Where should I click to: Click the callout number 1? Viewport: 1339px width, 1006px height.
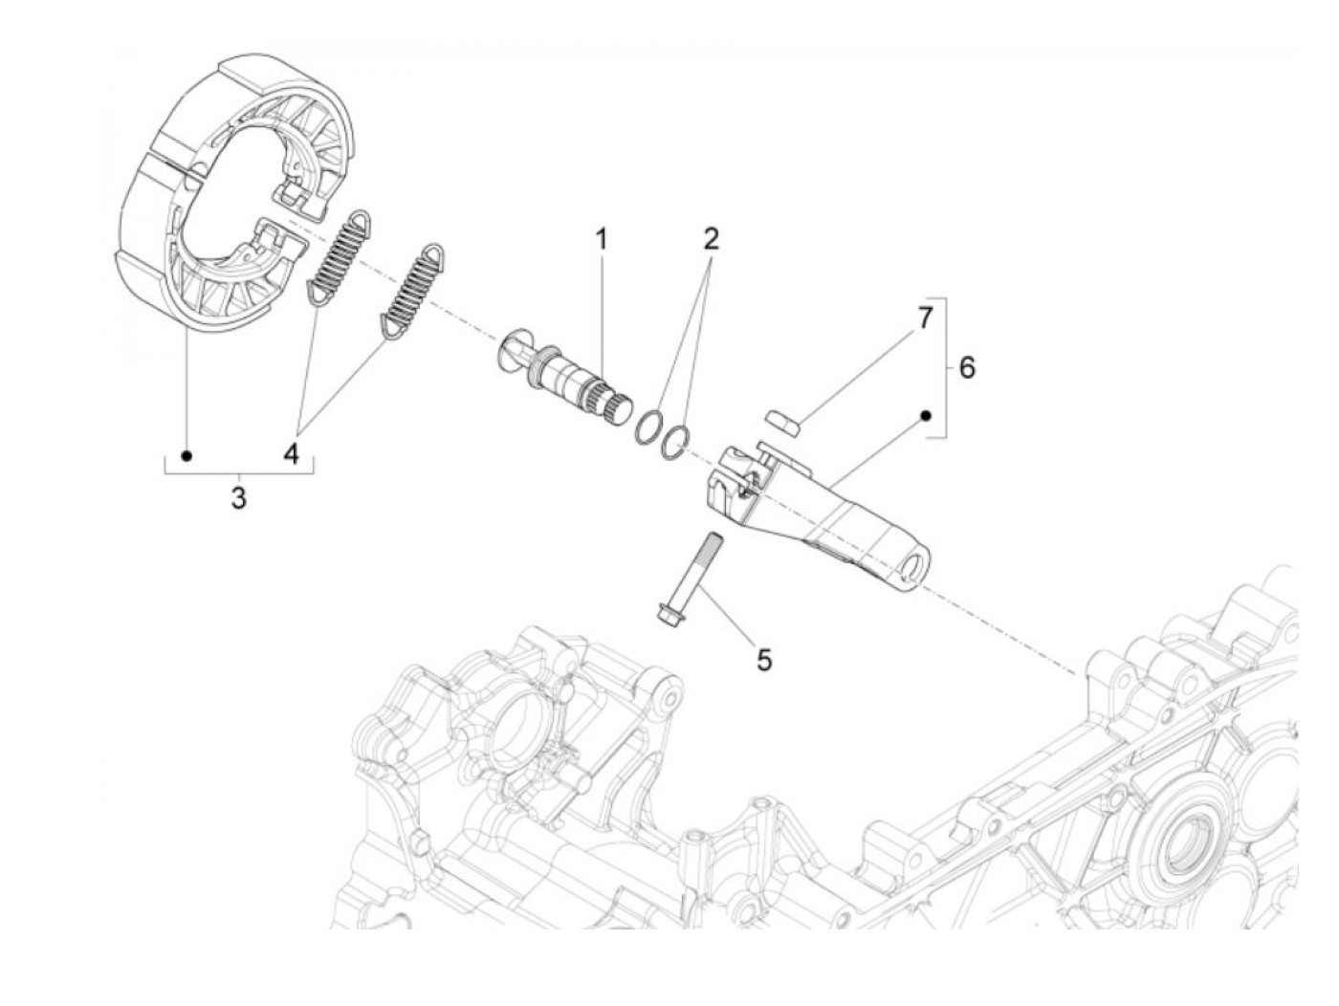click(601, 239)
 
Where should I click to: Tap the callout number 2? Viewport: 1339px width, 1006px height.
click(710, 239)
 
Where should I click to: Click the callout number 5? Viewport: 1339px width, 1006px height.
click(763, 660)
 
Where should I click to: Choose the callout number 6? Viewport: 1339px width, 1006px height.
click(967, 367)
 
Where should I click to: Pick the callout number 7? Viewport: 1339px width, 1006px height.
click(924, 318)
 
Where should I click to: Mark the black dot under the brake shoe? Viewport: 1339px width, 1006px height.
click(187, 455)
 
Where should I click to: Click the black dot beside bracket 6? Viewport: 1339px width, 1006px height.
click(925, 415)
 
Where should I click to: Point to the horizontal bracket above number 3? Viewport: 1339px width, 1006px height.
click(238, 471)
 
